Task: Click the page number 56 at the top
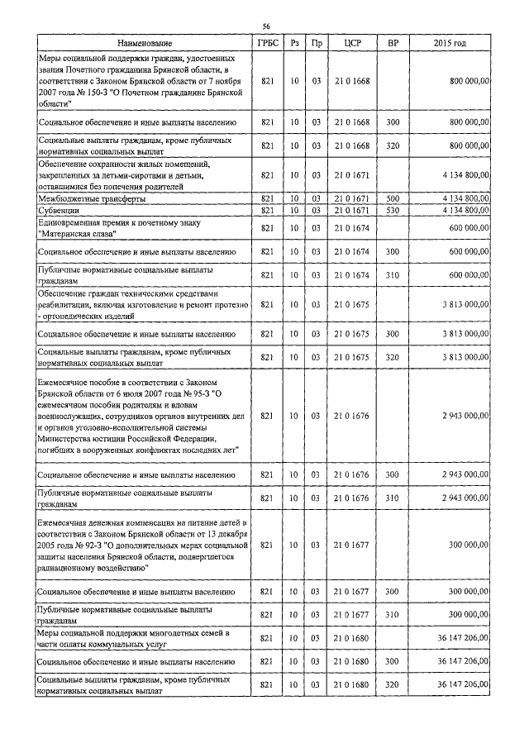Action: tap(266, 26)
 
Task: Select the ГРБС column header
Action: tap(266, 42)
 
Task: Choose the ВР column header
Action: tap(393, 42)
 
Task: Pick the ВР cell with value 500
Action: tap(393, 199)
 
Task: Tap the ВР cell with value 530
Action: tap(393, 210)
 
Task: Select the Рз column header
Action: tap(294, 42)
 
